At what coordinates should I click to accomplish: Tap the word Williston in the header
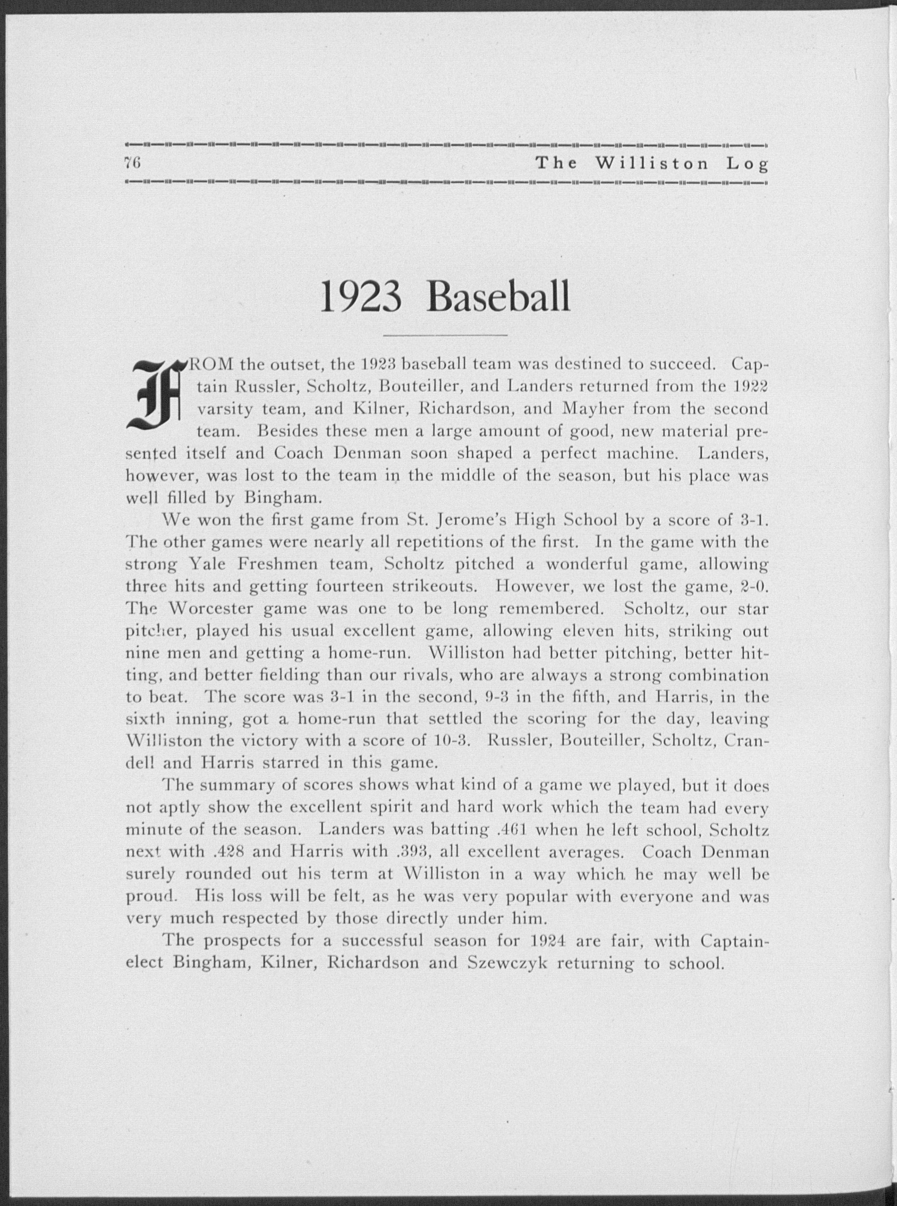tap(652, 163)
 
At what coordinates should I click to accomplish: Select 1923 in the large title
tap(361, 297)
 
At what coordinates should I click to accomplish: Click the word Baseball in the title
tap(499, 297)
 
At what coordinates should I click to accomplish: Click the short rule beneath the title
tap(445, 336)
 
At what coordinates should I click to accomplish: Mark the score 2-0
tap(754, 587)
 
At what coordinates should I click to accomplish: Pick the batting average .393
tap(415, 852)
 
